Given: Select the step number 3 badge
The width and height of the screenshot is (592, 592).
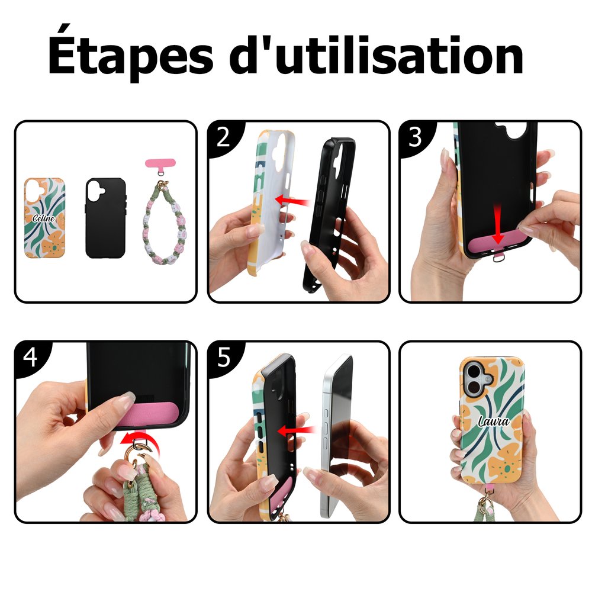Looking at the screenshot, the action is click(x=415, y=137).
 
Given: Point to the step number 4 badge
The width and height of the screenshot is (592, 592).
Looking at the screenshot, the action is click(x=30, y=357).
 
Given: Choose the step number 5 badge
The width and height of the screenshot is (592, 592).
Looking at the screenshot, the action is click(x=224, y=357).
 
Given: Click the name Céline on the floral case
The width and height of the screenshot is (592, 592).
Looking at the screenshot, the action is click(x=43, y=218).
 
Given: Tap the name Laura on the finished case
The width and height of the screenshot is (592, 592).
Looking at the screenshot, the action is click(x=494, y=421).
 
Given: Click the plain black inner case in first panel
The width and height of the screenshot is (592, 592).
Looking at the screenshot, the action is click(x=105, y=218).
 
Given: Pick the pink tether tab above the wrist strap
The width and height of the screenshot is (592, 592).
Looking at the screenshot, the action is click(x=160, y=163).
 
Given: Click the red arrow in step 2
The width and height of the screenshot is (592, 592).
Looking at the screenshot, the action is click(x=293, y=201).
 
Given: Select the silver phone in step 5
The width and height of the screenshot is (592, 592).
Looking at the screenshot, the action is click(x=337, y=436).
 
